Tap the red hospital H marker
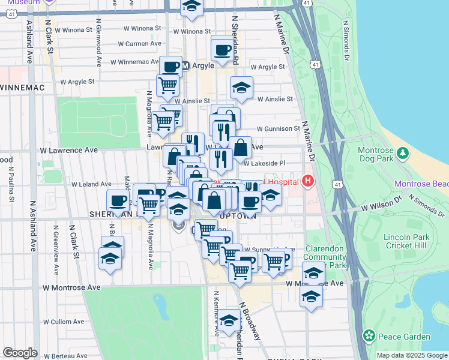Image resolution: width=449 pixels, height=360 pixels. click(x=309, y=181)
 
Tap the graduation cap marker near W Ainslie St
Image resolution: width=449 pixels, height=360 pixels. click(x=241, y=88)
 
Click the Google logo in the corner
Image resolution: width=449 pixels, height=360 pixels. click(x=20, y=352)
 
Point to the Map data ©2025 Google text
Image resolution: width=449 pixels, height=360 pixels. click(x=411, y=355)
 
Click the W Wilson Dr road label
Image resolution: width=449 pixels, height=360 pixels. click(x=380, y=206)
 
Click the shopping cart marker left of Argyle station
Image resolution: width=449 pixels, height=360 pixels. click(x=167, y=85)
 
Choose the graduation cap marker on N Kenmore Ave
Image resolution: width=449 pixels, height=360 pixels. click(x=229, y=321)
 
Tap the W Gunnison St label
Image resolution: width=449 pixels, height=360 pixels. click(x=278, y=128)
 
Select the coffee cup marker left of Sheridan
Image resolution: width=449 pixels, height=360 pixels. click(x=119, y=201)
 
